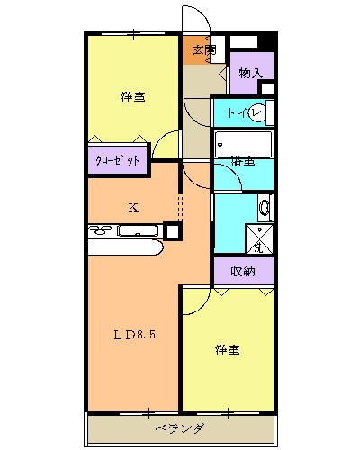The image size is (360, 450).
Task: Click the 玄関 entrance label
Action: (203, 50)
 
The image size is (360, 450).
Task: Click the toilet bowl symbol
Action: (260, 112)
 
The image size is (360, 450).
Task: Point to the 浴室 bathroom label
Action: (241, 162)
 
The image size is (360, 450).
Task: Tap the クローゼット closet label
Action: (117, 162)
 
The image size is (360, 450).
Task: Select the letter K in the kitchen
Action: (132, 208)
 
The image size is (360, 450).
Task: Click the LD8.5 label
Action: (135, 336)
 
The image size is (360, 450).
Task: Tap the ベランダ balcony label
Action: (178, 427)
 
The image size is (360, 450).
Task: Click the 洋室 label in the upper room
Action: (133, 97)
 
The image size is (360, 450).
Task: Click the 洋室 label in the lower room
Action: (227, 349)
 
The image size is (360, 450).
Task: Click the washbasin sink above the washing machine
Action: (263, 209)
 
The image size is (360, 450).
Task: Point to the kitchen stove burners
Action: (103, 232)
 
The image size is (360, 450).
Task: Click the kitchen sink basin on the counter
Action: (138, 232)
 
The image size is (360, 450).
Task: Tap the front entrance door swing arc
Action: (194, 20)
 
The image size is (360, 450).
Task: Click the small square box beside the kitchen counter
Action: (172, 230)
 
